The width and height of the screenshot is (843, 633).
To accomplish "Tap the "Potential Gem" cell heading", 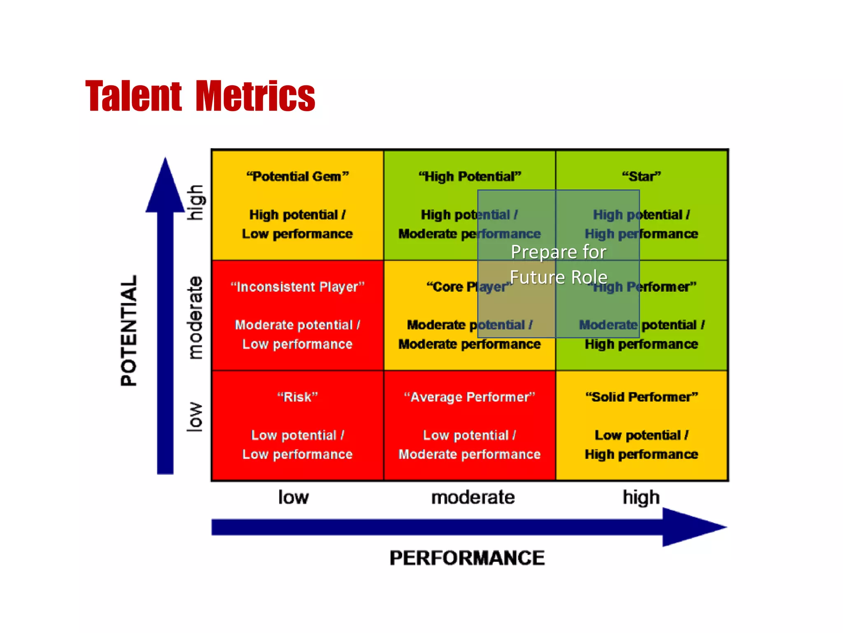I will pos(297,176).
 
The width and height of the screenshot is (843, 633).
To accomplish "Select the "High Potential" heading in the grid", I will pos(470,176).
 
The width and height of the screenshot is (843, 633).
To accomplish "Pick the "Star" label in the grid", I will pos(641,176).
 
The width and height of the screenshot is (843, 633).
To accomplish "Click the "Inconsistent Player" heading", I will pos(297,287).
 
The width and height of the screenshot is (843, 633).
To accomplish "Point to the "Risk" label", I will pos(297,397).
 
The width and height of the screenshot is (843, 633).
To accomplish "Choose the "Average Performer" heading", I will pos(470,397).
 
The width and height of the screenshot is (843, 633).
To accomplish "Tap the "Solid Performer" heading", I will pos(641,397).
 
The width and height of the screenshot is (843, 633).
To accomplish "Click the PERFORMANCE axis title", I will pos(467,558).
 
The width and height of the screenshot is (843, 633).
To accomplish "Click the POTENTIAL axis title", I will pos(128,331).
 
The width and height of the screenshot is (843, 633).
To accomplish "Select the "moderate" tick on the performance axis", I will pos(473,497).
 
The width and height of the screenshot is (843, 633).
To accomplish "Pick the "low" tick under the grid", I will pos(293,497).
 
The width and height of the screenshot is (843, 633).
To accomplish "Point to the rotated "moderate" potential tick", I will pos(195,317).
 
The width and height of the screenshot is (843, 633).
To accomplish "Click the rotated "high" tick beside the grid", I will pos(195,202).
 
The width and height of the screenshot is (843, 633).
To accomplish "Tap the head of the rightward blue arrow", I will pos(692,527).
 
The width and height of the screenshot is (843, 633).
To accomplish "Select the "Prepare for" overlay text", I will pos(558,252).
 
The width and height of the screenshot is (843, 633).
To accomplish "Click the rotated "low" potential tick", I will pos(195,417).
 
